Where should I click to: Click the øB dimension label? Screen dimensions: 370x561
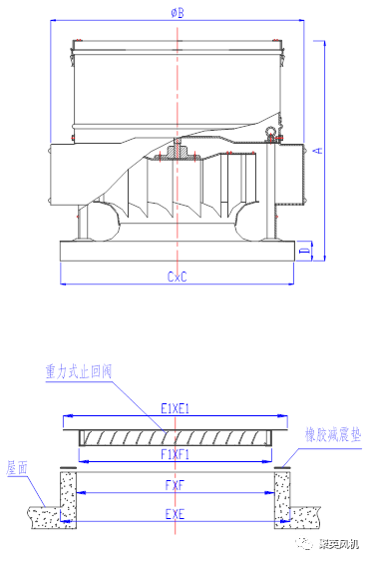point(178,13)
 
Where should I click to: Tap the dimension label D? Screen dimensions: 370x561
point(305,251)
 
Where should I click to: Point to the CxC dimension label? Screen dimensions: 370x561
point(177,277)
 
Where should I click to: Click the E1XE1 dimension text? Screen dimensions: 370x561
point(175,408)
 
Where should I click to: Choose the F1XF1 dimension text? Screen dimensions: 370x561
point(175,454)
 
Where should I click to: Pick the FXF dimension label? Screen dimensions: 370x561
point(175,485)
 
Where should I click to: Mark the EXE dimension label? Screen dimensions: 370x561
point(175,514)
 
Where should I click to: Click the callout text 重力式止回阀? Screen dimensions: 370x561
point(79,371)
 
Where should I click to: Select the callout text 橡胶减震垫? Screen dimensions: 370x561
point(333,434)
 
